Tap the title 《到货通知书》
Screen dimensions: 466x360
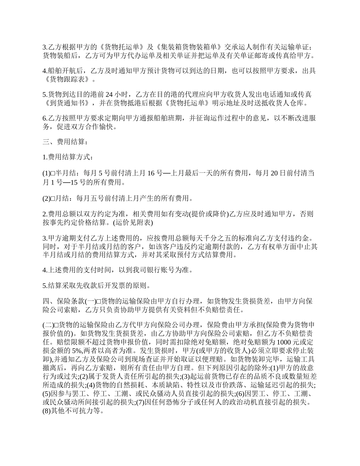tap(67, 103)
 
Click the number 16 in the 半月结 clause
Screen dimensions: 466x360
tap(151, 174)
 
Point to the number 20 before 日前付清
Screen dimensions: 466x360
tap(272, 174)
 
